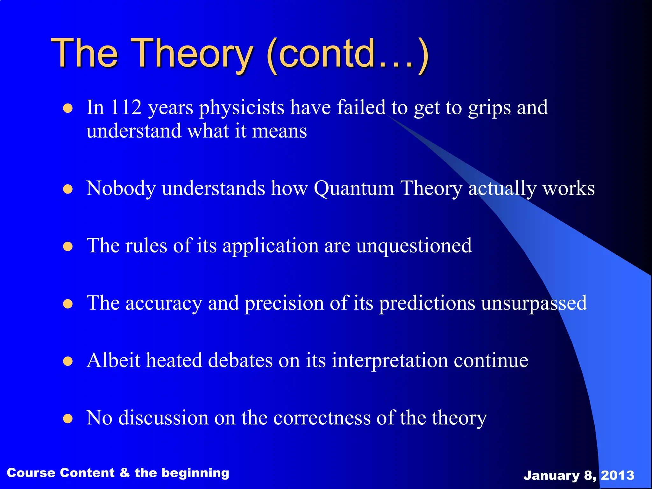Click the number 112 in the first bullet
[x=126, y=107]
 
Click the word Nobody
[x=121, y=188]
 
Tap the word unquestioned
[x=414, y=246]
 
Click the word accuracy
[x=164, y=303]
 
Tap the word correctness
[x=322, y=418]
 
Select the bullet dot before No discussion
[x=68, y=419]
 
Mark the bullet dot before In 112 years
[x=68, y=109]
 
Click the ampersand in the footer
[x=124, y=473]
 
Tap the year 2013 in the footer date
[x=617, y=475]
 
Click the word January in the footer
[x=551, y=475]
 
